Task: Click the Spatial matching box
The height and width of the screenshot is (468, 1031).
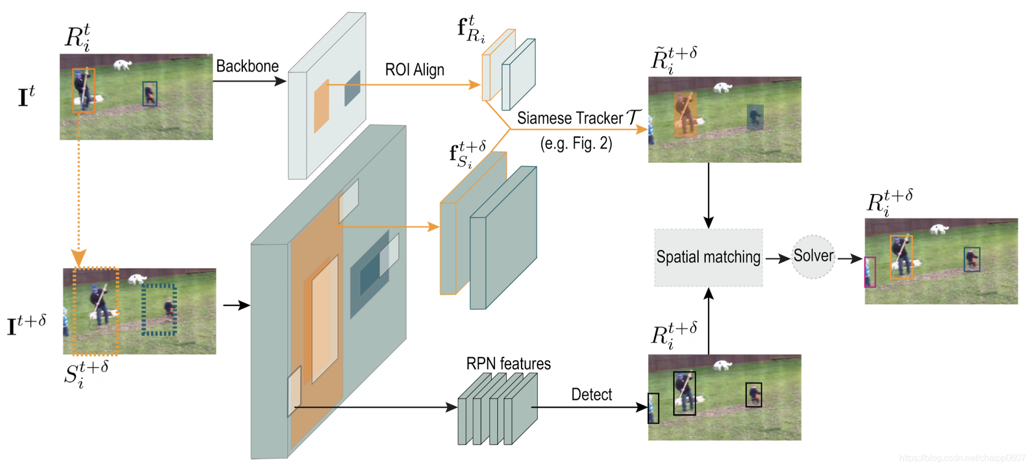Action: tap(708, 257)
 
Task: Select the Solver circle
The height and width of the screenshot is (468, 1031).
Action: tap(813, 257)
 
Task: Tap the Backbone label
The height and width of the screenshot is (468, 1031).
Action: tap(247, 66)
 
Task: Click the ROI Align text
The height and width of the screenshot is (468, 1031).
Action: tap(414, 70)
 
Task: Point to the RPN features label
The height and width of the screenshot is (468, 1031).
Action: tap(508, 363)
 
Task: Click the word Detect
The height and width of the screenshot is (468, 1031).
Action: tap(591, 394)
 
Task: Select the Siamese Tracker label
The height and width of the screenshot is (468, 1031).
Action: tap(579, 118)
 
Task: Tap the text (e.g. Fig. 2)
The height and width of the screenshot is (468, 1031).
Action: tap(576, 144)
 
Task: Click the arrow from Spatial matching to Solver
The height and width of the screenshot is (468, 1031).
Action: tap(777, 258)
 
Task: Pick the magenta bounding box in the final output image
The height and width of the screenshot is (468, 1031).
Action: tap(870, 272)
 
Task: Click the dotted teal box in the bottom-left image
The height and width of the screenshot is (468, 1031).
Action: tap(159, 310)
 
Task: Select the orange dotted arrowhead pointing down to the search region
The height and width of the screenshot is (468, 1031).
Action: tap(79, 258)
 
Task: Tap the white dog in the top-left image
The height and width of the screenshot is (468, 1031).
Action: tap(122, 65)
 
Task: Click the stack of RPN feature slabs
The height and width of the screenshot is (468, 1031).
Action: tap(497, 409)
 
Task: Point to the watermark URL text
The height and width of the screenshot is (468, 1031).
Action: tap(962, 458)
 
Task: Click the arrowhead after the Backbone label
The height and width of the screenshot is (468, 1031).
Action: tap(280, 81)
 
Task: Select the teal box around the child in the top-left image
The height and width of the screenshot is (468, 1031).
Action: tap(149, 93)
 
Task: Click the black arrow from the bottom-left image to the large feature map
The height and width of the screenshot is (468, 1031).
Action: tap(236, 305)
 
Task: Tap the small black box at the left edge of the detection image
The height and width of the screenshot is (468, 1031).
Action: tap(653, 408)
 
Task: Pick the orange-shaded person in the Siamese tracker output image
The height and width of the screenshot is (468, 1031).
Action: tap(685, 115)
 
